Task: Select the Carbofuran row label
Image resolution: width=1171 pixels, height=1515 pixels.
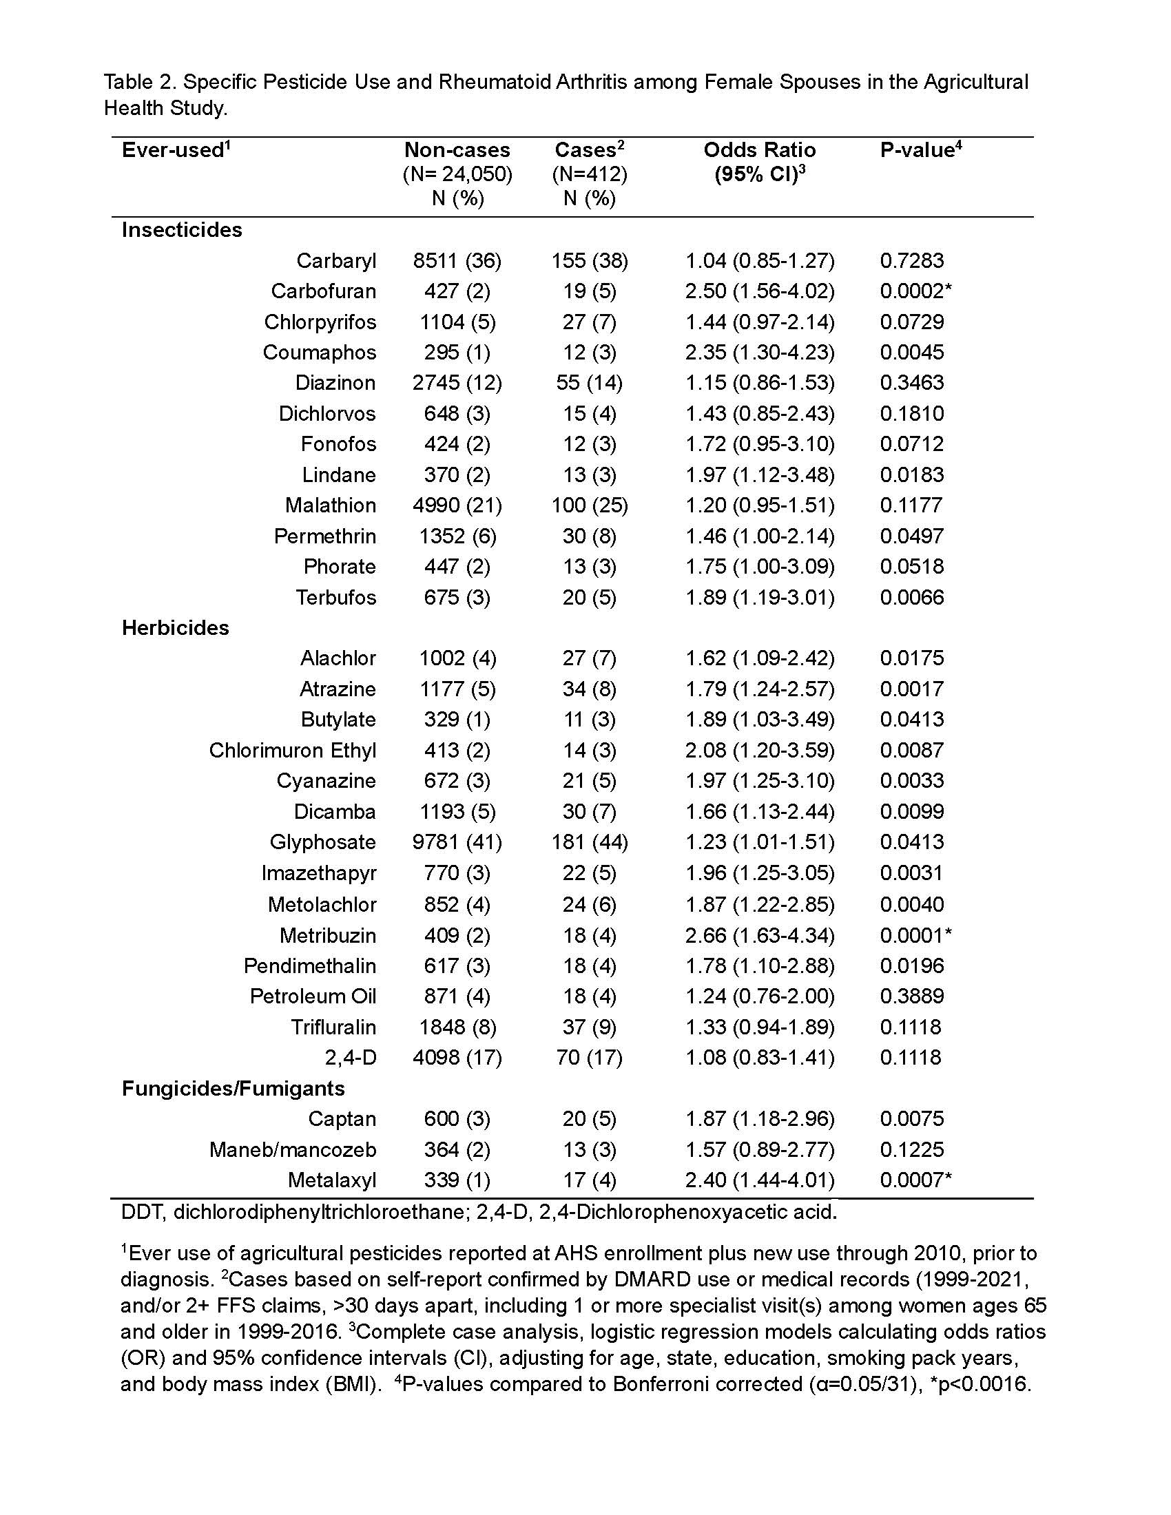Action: pos(323,291)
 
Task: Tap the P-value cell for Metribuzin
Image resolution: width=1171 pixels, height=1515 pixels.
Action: pos(915,935)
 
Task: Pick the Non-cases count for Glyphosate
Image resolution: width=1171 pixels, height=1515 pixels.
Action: pos(457,842)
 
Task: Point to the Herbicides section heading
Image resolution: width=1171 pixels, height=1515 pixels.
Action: pos(176,628)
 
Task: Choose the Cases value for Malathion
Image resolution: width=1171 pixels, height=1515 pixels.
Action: pos(589,505)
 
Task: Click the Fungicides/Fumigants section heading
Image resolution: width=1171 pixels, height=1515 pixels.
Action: pos(233,1087)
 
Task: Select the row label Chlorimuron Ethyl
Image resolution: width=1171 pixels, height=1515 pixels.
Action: pos(292,750)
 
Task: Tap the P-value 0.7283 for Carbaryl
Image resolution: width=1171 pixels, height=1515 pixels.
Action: pos(911,260)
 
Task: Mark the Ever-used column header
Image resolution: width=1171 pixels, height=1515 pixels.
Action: pos(176,150)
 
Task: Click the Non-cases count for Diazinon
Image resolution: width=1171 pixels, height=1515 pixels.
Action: pos(457,382)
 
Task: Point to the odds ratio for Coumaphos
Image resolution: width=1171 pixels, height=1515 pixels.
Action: pos(760,352)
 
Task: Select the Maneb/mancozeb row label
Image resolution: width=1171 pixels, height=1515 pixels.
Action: pos(292,1149)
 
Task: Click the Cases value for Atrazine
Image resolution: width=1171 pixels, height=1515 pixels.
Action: pos(589,689)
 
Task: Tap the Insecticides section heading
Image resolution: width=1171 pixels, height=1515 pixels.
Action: pos(182,229)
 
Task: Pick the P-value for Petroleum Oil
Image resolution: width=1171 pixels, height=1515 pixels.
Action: pos(911,996)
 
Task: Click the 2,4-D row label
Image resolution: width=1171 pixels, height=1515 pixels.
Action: pos(351,1057)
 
